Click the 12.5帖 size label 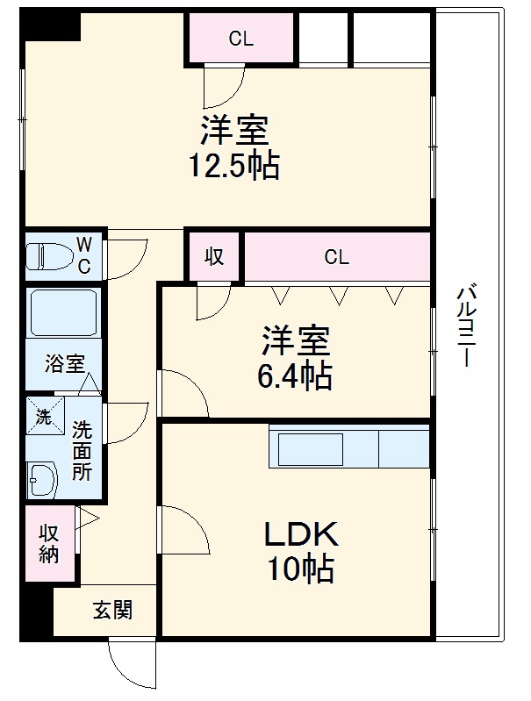tap(233, 166)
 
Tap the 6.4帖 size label tap(294, 376)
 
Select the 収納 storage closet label tap(47, 543)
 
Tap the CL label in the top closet tap(240, 38)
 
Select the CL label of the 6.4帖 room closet tap(336, 257)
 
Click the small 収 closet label tap(214, 257)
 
